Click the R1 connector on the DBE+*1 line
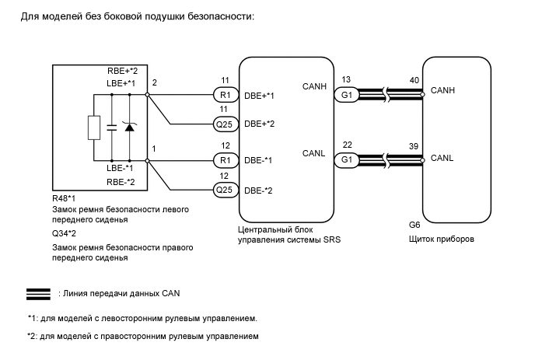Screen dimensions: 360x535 (225, 96)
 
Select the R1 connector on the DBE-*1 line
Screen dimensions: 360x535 (225, 160)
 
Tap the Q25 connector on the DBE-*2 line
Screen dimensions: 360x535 (225, 189)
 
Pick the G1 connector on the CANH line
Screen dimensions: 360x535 (345, 96)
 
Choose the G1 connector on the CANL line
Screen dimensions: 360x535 (345, 160)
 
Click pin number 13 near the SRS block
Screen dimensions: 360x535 (346, 79)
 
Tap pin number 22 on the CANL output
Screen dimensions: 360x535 (346, 144)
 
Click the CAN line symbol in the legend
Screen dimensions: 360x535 (38, 294)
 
